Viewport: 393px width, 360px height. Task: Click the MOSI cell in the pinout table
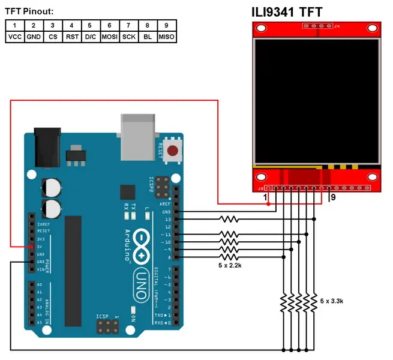109,37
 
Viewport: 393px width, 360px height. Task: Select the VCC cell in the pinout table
14,37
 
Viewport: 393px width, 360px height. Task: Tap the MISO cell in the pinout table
166,37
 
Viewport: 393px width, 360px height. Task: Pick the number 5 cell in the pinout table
90,25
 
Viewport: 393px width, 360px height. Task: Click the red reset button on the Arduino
173,151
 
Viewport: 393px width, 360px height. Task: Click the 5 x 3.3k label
331,301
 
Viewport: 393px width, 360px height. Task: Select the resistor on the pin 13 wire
229,220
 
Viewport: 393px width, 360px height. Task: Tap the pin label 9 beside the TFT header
333,197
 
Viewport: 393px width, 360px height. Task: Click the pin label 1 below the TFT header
265,197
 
